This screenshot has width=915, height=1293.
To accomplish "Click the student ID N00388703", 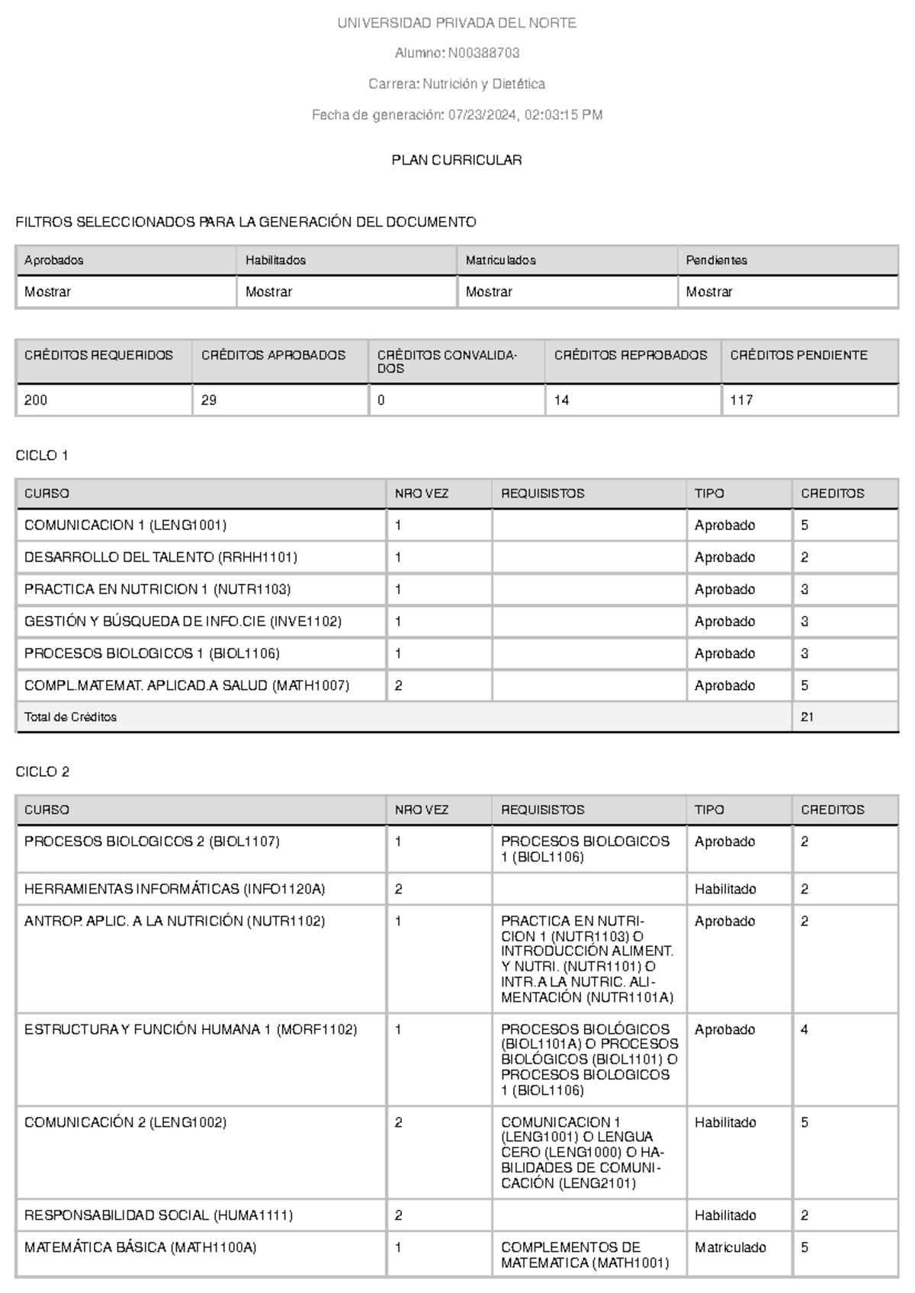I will point(483,53).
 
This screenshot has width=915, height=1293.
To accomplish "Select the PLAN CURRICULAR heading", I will point(456,160).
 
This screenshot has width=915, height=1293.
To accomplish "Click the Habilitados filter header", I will point(275,260).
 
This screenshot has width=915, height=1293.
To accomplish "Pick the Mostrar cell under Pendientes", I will point(709,291).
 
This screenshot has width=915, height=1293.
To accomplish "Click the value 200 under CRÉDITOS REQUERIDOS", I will point(36,399).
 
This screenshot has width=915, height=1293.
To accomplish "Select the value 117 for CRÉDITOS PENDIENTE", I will point(741,399).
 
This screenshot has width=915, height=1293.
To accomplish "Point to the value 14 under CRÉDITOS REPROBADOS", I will point(562,399).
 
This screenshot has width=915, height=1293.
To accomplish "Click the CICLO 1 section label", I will point(42,455).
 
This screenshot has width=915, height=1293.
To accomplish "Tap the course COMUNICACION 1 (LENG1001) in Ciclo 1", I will point(125,525).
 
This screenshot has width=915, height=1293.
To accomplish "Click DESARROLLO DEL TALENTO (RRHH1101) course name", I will point(160,557).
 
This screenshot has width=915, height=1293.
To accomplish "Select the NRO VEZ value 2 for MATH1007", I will point(399,685).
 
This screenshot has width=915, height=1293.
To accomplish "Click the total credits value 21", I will point(807,717).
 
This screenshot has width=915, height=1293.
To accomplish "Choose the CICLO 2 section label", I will point(42,772).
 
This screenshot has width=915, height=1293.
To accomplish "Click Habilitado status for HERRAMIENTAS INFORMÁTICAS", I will point(725,889).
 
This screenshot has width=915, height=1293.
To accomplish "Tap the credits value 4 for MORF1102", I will point(804,1029).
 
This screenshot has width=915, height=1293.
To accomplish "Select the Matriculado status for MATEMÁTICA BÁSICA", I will point(730,1247).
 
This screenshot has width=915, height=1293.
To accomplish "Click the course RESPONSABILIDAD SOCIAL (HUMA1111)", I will point(159,1215).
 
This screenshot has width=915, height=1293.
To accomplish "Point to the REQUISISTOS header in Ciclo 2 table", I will point(542,810).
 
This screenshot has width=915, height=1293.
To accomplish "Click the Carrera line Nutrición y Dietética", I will point(456,84).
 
